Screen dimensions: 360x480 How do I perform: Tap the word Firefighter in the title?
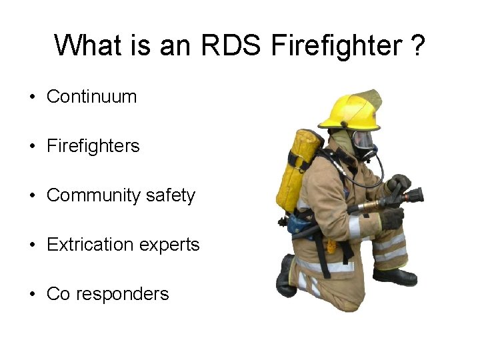[x=335, y=46]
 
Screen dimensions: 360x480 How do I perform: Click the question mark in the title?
[x=417, y=46]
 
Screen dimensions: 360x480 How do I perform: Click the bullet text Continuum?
[x=91, y=97]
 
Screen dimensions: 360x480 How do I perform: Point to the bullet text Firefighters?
[x=93, y=146]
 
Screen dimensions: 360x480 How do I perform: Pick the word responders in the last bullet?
[x=123, y=294]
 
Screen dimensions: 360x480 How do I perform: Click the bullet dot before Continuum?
[x=32, y=97]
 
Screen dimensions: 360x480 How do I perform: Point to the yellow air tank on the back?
[x=299, y=171]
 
